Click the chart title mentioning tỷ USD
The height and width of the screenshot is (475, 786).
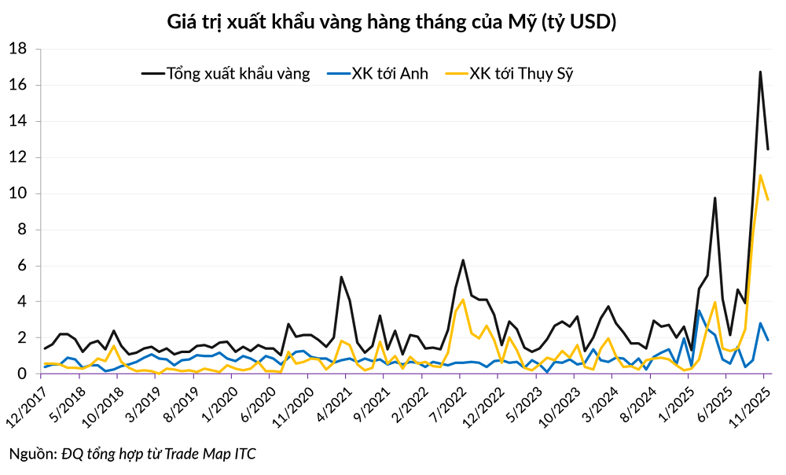tap(392, 22)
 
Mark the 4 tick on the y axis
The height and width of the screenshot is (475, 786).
tap(22, 302)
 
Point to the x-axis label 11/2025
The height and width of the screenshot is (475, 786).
tap(750, 405)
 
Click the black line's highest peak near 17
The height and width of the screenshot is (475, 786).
tap(760, 72)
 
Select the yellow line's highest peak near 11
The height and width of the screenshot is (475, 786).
tap(760, 175)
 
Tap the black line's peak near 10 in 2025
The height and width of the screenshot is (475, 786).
tap(714, 198)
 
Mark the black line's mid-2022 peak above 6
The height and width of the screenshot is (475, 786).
tap(463, 260)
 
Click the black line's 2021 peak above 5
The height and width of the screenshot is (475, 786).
tap(341, 277)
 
